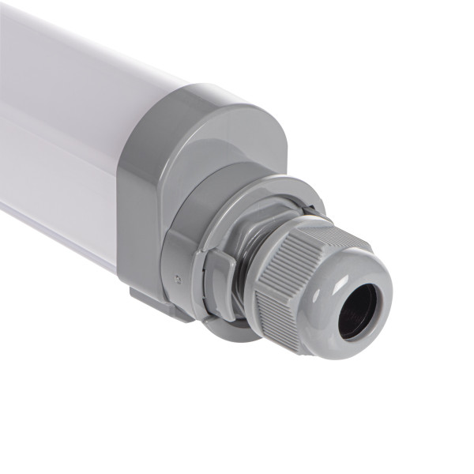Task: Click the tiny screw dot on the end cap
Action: tap(179, 278)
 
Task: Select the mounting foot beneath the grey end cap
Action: tap(158, 305)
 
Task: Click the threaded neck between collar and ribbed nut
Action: tap(253, 237)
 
